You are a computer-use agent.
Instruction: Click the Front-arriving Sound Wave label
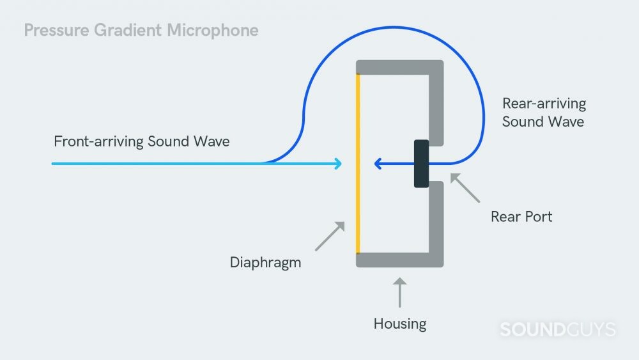tap(141, 141)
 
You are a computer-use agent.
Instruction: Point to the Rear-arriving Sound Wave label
tap(543, 113)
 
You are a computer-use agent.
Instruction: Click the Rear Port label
tap(521, 217)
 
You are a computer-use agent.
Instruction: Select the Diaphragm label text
tap(265, 262)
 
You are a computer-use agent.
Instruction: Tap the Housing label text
tap(399, 324)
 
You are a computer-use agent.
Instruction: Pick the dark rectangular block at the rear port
tap(421, 164)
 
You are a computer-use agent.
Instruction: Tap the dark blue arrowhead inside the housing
tap(378, 164)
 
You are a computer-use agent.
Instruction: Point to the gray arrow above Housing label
tap(400, 292)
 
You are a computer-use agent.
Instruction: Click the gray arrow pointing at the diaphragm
tap(330, 236)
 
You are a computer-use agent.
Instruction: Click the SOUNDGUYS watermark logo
tap(557, 330)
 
